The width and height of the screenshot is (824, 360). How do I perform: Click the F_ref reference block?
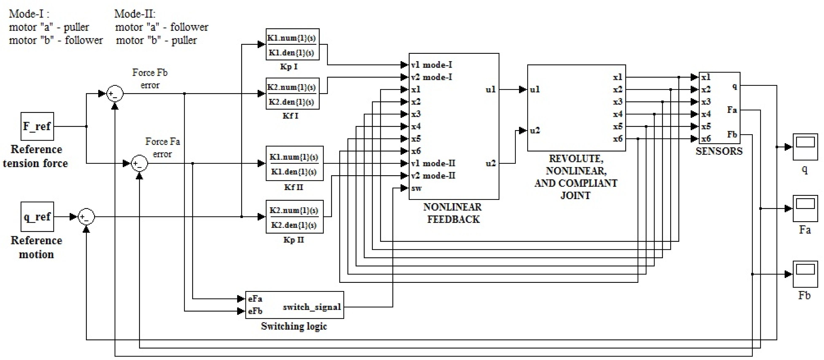(x=37, y=126)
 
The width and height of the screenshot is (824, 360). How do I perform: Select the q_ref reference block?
(x=37, y=217)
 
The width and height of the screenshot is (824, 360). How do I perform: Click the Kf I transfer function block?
(x=292, y=93)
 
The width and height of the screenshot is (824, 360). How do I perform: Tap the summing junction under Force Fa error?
(x=140, y=163)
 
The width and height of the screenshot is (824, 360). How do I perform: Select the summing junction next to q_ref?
(x=86, y=217)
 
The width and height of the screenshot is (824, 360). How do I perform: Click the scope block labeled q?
(x=805, y=147)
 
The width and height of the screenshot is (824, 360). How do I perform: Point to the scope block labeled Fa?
(x=805, y=208)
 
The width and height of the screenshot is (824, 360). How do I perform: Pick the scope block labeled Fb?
(x=805, y=274)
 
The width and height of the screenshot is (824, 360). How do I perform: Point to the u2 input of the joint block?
(x=535, y=130)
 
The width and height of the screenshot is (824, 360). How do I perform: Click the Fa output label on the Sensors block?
(x=732, y=110)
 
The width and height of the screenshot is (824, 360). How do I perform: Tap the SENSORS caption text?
(x=719, y=151)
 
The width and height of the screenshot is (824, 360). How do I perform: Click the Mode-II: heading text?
(x=135, y=13)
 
